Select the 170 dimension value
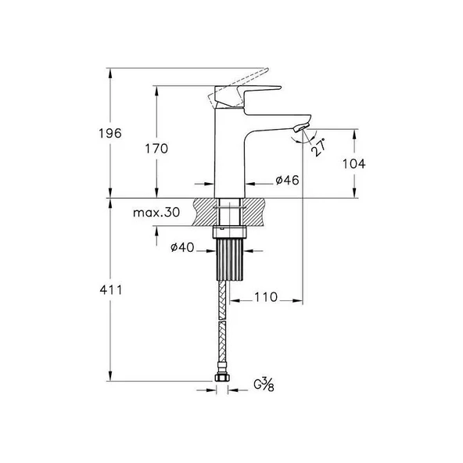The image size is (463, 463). click(156, 147)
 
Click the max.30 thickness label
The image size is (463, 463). click(156, 213)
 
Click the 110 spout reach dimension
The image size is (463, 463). click(267, 298)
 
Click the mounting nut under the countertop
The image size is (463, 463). click(230, 231)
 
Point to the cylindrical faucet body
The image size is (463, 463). click(230, 156)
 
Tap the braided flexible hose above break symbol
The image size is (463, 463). click(223, 305)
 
